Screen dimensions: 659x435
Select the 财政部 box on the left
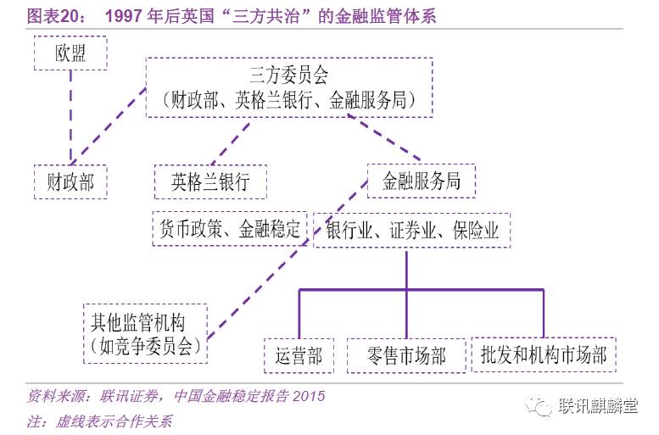[71, 181]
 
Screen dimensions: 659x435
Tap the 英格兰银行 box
[210, 181]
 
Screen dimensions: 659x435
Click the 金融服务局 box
[422, 181]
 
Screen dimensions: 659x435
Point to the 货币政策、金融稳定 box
[231, 229]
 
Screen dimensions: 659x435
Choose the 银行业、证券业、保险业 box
[411, 230]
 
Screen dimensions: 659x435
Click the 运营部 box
[293, 355]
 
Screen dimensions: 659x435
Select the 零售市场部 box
[407, 355]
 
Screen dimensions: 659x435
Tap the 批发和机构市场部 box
[544, 354]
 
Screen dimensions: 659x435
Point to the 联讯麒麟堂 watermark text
[599, 407]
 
